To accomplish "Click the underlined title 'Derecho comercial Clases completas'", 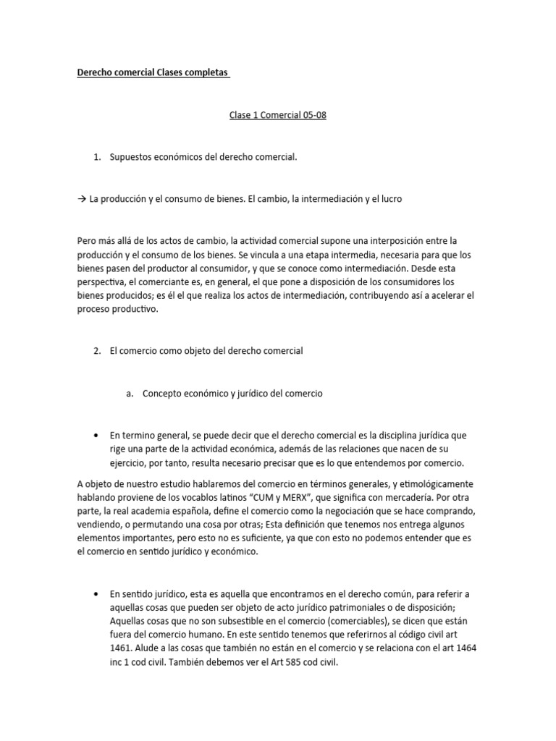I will tap(153, 73).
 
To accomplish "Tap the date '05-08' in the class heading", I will tap(314, 115).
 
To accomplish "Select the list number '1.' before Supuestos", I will tap(98, 157).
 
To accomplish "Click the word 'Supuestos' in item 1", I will tap(130, 157).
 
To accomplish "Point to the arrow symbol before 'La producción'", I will tap(82, 199).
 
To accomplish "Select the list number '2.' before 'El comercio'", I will tap(98, 351).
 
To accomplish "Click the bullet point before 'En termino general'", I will tap(96, 435).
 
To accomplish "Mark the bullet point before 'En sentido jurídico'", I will tap(96, 594).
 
